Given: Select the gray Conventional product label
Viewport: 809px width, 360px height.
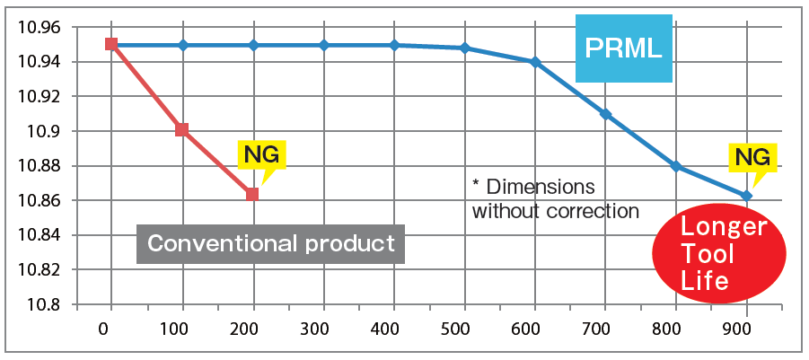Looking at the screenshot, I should (x=270, y=242).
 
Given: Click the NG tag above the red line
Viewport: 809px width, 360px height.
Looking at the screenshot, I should (x=261, y=155).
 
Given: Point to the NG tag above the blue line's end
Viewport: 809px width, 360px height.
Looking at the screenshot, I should (x=752, y=158).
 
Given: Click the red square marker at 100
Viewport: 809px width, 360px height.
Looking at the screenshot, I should (x=182, y=130).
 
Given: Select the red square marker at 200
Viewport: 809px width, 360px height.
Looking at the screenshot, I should (x=252, y=194).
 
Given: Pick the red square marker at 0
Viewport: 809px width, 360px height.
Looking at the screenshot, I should (x=111, y=43).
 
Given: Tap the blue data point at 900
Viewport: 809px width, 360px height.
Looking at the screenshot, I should (x=746, y=195).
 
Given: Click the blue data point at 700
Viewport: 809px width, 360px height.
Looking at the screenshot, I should (x=606, y=114).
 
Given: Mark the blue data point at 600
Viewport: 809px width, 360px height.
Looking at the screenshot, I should (x=535, y=62).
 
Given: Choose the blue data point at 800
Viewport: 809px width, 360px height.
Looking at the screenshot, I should (x=676, y=166).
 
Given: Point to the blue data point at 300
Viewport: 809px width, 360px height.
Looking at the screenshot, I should (x=323, y=45).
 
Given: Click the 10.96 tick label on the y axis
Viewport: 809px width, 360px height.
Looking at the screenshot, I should (x=39, y=28).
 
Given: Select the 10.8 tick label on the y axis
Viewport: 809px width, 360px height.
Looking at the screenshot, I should (x=47, y=305).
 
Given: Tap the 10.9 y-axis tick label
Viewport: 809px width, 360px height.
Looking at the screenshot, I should (x=47, y=132).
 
